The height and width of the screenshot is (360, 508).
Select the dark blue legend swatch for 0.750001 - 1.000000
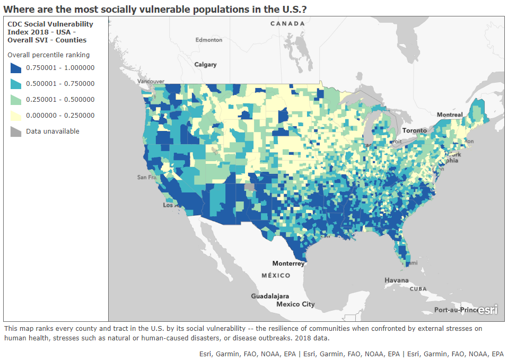15,68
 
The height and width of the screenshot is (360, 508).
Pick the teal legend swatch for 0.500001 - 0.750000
15,84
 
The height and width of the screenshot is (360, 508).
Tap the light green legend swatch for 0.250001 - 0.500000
15,100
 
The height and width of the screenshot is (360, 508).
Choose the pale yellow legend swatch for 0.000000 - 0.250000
15,116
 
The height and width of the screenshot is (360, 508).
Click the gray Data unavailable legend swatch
15,131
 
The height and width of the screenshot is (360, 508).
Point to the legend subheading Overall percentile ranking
48,55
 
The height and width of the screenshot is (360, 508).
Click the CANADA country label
287,24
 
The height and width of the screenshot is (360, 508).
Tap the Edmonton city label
208,40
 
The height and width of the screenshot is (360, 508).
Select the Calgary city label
205,65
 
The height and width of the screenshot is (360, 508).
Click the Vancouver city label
151,81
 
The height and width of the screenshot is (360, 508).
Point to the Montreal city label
450,115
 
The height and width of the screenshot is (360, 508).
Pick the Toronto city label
414,130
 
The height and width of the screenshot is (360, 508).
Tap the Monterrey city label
288,264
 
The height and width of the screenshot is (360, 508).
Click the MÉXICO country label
276,276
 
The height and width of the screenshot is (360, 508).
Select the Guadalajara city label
270,296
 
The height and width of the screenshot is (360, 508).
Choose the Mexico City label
295,304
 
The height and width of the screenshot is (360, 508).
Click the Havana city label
397,280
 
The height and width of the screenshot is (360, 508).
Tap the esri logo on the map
487,310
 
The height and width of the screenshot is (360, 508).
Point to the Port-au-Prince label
455,310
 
